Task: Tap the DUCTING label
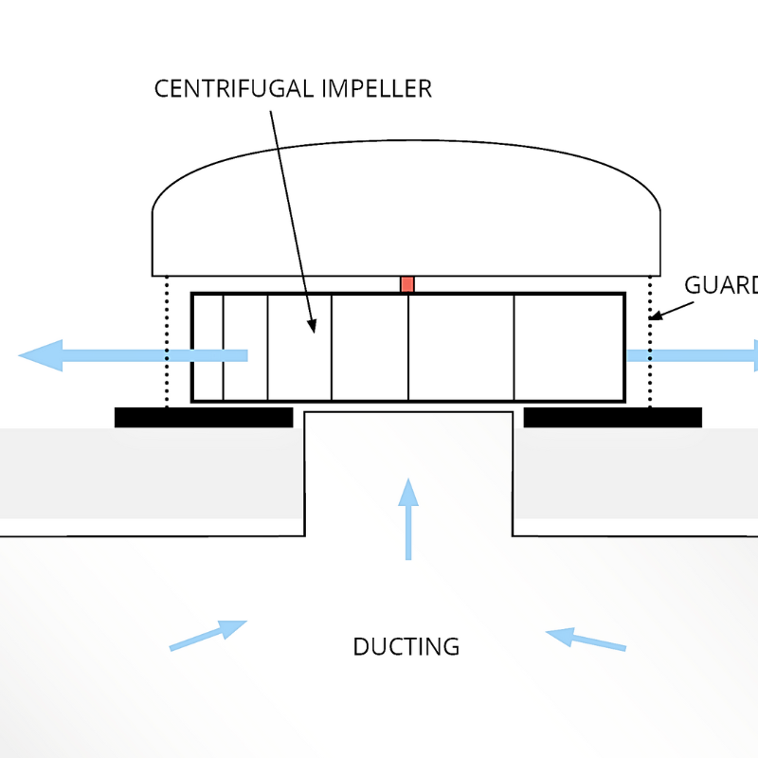point(406,647)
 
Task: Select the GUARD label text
point(720,285)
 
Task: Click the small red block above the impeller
point(407,284)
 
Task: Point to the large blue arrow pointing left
point(133,355)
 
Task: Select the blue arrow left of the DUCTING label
point(208,635)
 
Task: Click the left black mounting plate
point(203,418)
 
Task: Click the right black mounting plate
point(612,418)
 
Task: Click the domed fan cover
point(406,208)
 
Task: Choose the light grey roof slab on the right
point(635,474)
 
